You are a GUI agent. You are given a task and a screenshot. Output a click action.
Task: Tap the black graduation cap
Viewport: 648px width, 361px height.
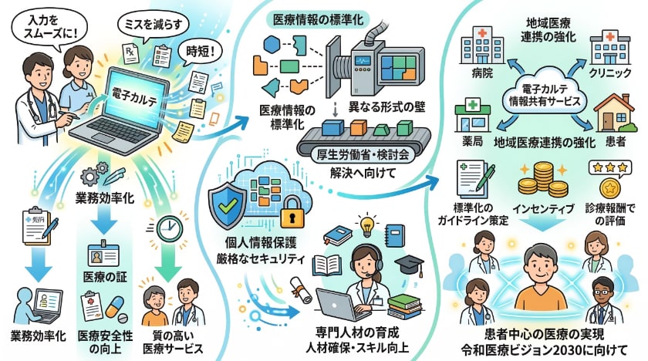point(410,264)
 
